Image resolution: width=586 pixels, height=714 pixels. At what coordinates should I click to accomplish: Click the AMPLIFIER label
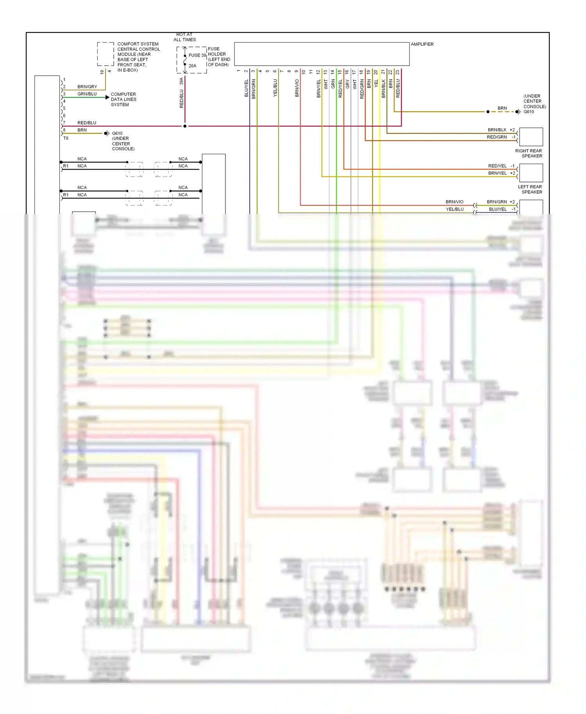click(x=422, y=44)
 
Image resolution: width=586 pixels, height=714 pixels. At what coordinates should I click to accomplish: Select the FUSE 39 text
click(x=197, y=55)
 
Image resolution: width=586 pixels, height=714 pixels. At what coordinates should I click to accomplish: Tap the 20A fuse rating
click(x=192, y=66)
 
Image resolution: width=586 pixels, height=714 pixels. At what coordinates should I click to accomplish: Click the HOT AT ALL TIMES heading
click(x=184, y=37)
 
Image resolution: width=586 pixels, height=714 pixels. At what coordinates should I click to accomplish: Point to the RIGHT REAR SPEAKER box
click(x=531, y=137)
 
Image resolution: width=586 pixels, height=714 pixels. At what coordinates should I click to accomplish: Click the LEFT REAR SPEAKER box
click(x=531, y=173)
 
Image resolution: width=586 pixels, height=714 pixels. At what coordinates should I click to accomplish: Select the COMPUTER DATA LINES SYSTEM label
click(x=123, y=99)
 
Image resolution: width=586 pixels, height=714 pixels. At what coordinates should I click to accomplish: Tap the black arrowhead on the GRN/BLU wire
click(x=107, y=97)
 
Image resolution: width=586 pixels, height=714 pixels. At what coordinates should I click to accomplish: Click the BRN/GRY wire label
click(x=87, y=87)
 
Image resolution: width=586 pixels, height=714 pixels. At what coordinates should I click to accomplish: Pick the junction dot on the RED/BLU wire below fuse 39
click(x=185, y=126)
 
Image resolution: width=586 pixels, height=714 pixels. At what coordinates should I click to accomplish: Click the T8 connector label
click(x=66, y=138)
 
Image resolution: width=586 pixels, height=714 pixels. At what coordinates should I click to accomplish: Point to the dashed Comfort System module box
click(x=105, y=54)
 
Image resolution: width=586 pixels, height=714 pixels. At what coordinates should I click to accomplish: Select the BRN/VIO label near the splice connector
click(x=454, y=202)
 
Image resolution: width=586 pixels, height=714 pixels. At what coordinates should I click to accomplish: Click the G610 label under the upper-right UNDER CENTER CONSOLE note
click(x=529, y=112)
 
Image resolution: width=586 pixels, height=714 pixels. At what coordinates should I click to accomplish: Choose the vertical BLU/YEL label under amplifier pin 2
click(x=247, y=88)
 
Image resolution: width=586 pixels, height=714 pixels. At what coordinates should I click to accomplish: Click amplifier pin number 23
click(x=398, y=72)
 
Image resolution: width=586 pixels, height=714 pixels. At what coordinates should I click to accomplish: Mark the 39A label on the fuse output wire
click(x=181, y=81)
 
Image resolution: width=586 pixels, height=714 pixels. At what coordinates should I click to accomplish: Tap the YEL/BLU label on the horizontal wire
click(x=454, y=209)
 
